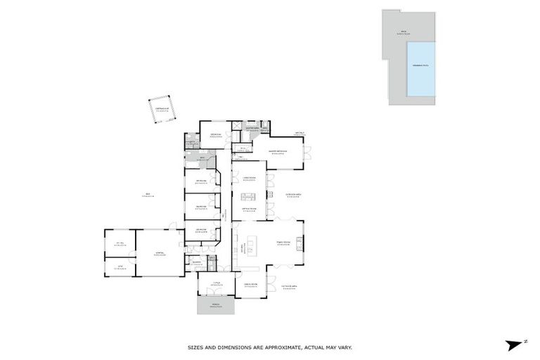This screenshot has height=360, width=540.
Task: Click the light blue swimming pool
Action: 420,68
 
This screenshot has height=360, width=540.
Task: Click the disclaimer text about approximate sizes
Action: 269,347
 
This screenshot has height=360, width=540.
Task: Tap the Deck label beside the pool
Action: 404,32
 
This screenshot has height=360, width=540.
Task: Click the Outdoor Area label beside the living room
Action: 294,195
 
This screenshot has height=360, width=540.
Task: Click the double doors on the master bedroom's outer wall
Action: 306,154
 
